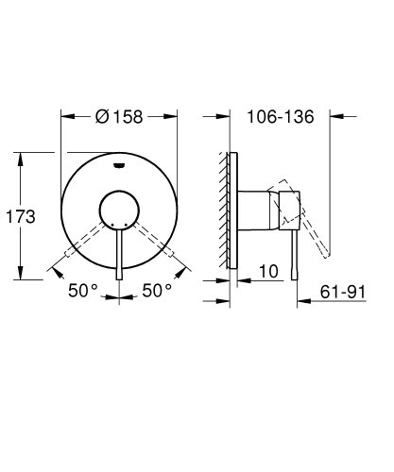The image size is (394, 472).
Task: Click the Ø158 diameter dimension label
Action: pos(119,118)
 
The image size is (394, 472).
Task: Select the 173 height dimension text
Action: pos(21,216)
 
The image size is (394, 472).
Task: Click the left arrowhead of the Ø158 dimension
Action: pos(64,118)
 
